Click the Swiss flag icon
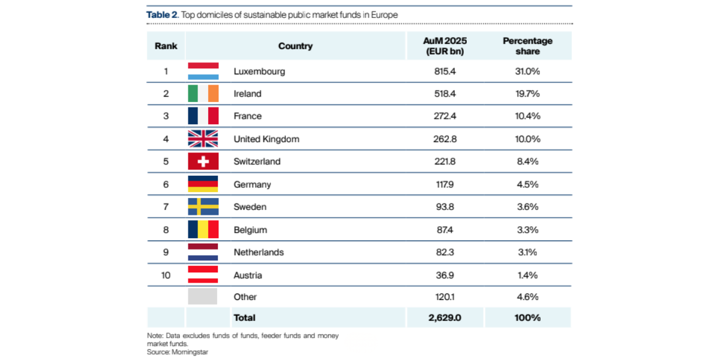tap(203, 161)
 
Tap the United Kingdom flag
tap(203, 139)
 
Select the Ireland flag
tap(203, 94)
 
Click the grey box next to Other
tap(203, 296)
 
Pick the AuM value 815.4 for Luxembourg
tap(445, 71)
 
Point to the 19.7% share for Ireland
tap(527, 94)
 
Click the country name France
tap(248, 116)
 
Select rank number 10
tap(166, 275)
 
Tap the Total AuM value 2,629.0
tap(445, 317)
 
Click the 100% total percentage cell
tap(527, 317)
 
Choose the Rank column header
tap(166, 46)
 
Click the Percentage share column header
tap(527, 46)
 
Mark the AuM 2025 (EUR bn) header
tap(445, 46)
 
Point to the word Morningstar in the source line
tap(188, 352)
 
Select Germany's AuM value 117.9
tap(445, 184)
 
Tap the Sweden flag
tap(203, 206)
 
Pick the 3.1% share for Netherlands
tap(527, 252)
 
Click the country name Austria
tap(248, 275)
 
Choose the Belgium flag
tap(203, 229)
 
